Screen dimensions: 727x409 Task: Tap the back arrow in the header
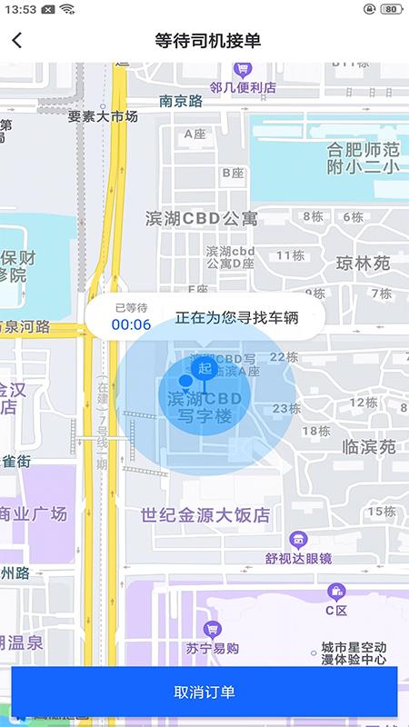17,40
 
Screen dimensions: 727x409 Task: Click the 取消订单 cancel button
204,692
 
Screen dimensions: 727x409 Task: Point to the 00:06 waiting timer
131,324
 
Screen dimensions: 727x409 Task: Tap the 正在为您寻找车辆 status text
237,318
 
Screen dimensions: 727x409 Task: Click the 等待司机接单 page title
208,40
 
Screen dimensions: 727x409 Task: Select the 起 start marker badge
204,368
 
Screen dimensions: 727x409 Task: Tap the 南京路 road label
181,102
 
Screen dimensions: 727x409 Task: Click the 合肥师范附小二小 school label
364,157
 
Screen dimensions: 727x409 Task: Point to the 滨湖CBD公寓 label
202,218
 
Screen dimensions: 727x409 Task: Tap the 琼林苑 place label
363,264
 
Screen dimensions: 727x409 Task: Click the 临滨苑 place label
369,447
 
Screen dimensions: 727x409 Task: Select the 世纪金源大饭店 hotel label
206,514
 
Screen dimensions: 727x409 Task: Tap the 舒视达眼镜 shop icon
297,539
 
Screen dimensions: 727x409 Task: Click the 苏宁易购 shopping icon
212,629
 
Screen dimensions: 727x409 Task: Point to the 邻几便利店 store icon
243,69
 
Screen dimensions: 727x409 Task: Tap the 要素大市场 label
103,116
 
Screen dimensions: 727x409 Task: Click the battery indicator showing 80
390,9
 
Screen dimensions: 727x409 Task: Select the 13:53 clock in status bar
19,9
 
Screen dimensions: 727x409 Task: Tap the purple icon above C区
336,591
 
